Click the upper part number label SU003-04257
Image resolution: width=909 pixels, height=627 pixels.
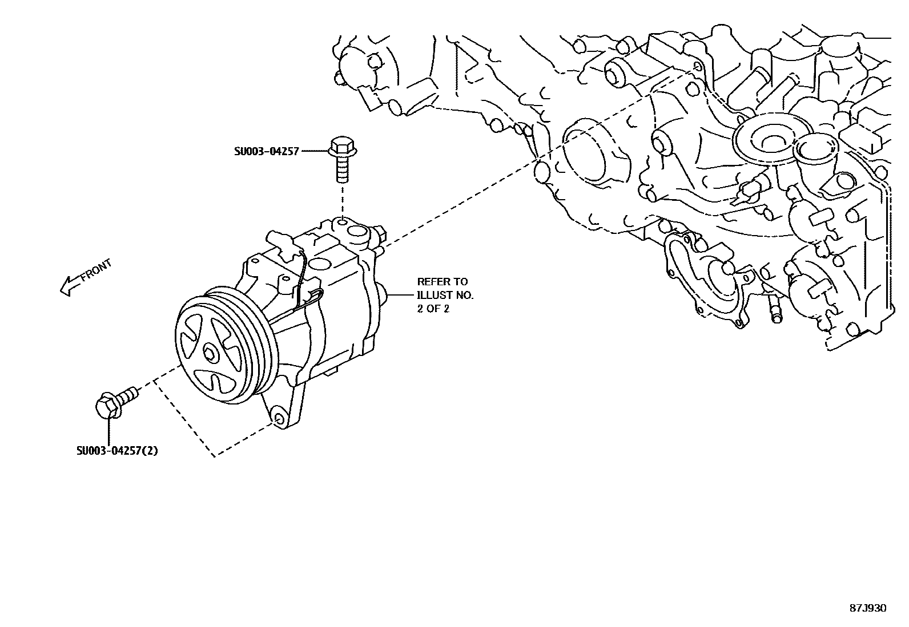click(x=266, y=152)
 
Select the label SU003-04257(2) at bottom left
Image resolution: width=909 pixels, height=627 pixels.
click(x=118, y=451)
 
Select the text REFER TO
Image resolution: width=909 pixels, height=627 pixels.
click(x=442, y=282)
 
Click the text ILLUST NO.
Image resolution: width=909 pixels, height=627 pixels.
click(x=445, y=296)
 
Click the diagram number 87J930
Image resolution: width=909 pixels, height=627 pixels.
click(x=867, y=608)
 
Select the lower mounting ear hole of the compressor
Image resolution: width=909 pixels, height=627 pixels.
click(x=278, y=419)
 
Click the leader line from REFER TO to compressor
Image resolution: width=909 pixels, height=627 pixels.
click(x=402, y=295)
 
